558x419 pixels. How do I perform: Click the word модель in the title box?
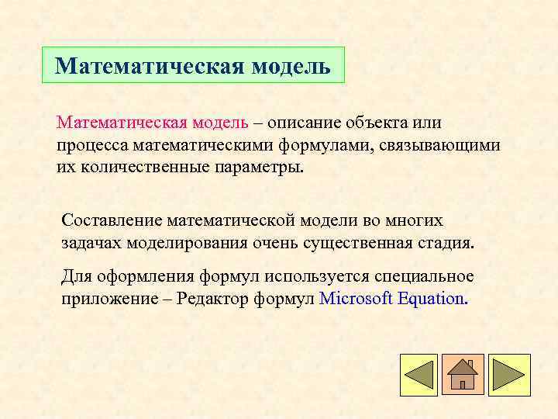(291, 66)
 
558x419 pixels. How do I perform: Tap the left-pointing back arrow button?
(419, 374)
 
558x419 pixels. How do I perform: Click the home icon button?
(463, 374)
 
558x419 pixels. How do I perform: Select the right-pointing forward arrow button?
(508, 374)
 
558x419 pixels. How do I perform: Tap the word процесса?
(91, 145)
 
